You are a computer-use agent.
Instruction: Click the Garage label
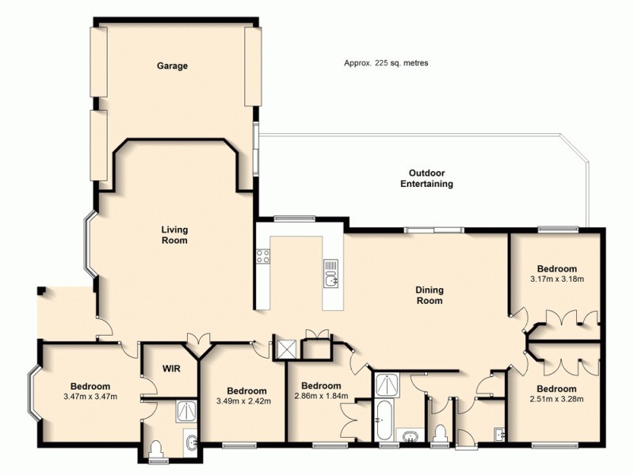(172, 66)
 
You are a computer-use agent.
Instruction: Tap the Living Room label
(174, 235)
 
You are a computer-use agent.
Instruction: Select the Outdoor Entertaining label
(426, 178)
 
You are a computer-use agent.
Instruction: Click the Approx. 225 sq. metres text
(386, 63)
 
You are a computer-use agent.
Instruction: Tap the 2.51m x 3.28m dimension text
(556, 399)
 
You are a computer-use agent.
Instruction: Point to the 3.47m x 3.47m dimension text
(90, 397)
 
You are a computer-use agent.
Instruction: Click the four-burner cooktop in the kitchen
(262, 256)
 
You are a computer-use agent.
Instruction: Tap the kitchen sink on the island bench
(330, 276)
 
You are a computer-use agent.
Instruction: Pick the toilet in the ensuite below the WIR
(156, 449)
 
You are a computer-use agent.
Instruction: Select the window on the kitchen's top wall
(295, 218)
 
